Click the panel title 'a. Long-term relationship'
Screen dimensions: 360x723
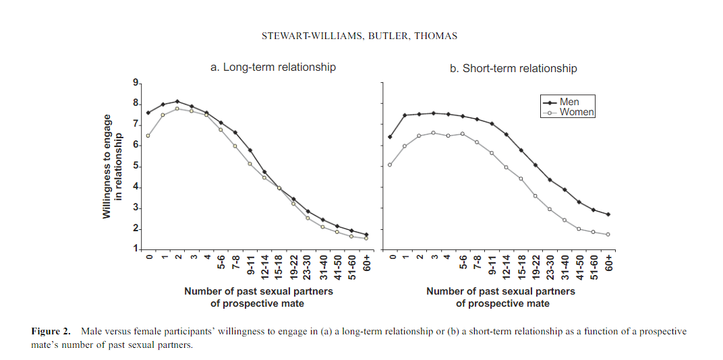coord(272,67)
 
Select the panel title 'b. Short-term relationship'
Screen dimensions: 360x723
coord(513,68)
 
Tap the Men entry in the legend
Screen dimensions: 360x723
coord(569,102)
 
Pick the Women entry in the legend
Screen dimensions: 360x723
coord(577,113)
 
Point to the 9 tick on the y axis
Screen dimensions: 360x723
coord(135,83)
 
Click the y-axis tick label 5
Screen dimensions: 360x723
coord(135,166)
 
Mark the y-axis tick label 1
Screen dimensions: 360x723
coord(135,250)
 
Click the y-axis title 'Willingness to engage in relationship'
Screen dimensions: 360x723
coord(112,166)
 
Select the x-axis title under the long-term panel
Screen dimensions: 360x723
coord(258,297)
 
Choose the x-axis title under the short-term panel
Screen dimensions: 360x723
coord(501,297)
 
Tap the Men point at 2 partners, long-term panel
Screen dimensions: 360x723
coord(177,101)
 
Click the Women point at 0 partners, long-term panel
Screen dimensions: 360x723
coord(148,136)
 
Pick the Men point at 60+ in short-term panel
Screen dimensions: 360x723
coord(608,214)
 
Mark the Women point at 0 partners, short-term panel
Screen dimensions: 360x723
coord(391,164)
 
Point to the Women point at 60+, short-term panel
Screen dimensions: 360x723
coord(608,235)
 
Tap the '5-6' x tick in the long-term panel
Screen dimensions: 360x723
coord(221,262)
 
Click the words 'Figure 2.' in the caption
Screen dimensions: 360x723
coord(51,332)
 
